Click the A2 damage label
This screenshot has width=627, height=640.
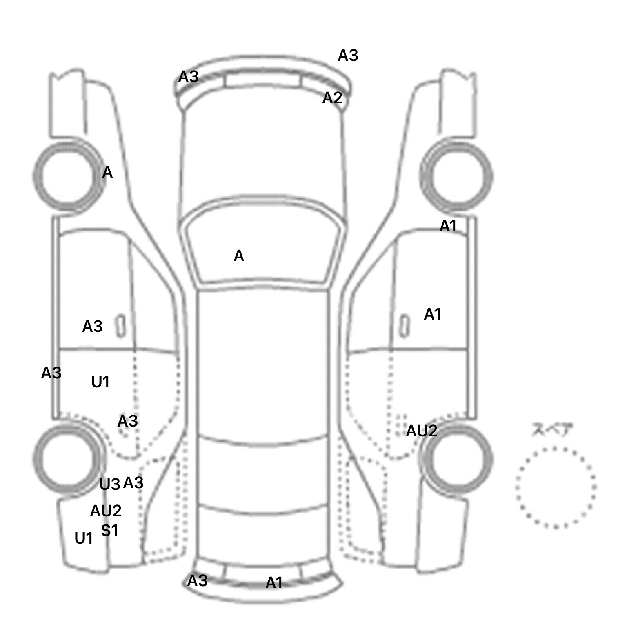pos(332,98)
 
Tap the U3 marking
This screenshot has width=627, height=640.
pos(110,484)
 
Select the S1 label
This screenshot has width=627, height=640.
pos(109,530)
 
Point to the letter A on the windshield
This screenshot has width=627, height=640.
pos(239,256)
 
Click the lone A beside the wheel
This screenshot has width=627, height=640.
pos(107,172)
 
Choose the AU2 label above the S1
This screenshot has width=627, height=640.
pos(106,511)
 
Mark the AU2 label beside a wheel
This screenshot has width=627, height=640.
pos(422,431)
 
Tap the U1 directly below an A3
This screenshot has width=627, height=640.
pos(100,382)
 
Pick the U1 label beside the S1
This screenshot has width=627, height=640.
pos(84,538)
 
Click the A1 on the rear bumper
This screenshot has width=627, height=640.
pos(274,583)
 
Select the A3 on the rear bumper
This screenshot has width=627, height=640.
pos(197,580)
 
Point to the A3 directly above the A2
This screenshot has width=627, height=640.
pos(348,55)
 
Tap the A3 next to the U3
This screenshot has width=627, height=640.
pos(133,482)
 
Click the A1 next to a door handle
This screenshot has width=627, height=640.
pos(433,314)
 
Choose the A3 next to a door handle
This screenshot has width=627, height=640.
pos(92,326)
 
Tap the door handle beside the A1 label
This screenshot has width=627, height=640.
pos(404,326)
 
